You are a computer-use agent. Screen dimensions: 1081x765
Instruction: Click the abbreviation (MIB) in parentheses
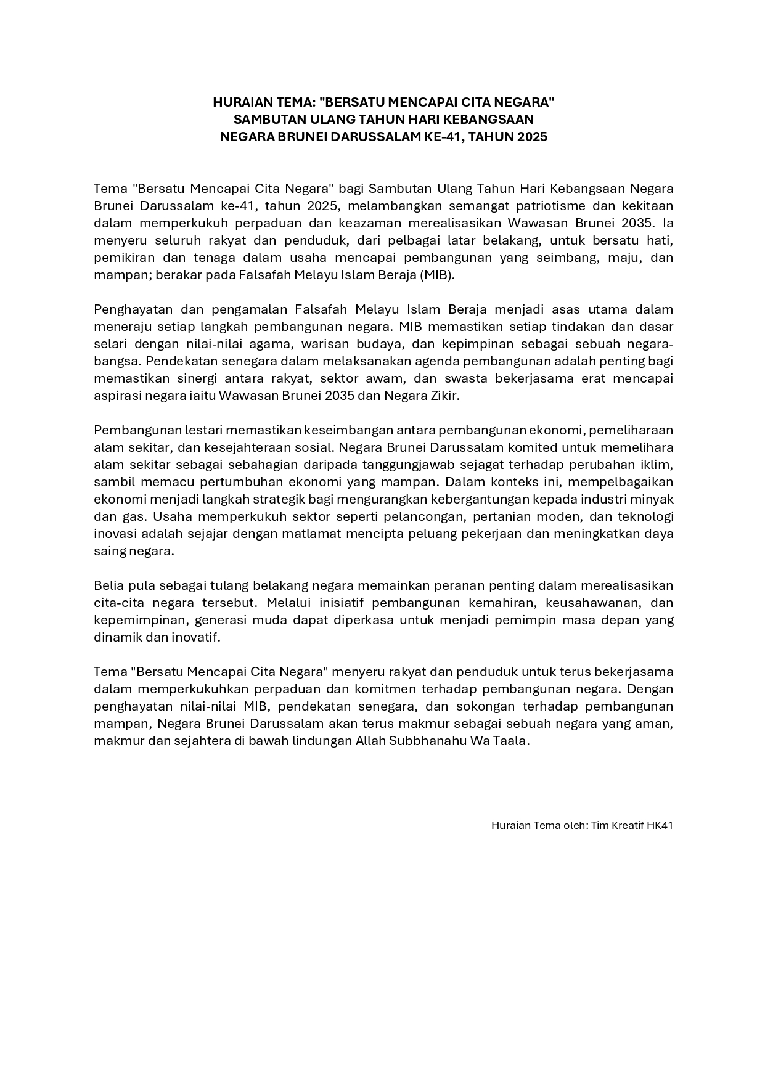(437, 275)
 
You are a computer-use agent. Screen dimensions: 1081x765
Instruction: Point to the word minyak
(653, 499)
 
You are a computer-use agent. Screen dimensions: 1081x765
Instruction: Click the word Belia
(108, 585)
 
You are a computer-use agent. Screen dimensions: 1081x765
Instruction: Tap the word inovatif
(198, 637)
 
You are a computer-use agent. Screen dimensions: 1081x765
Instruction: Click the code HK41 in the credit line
(660, 825)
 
